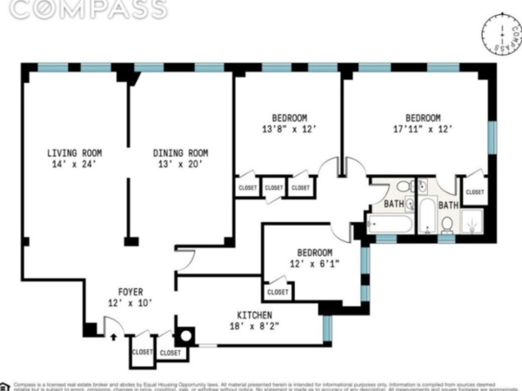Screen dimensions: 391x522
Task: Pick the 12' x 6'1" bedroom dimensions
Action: (311, 263)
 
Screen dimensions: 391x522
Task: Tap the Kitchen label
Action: (255, 314)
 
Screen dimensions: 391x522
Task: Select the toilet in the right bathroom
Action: (446, 224)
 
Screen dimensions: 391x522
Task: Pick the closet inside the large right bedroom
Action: (474, 192)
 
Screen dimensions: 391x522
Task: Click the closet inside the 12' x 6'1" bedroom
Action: (278, 292)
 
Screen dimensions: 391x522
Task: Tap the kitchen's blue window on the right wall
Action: (327, 327)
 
